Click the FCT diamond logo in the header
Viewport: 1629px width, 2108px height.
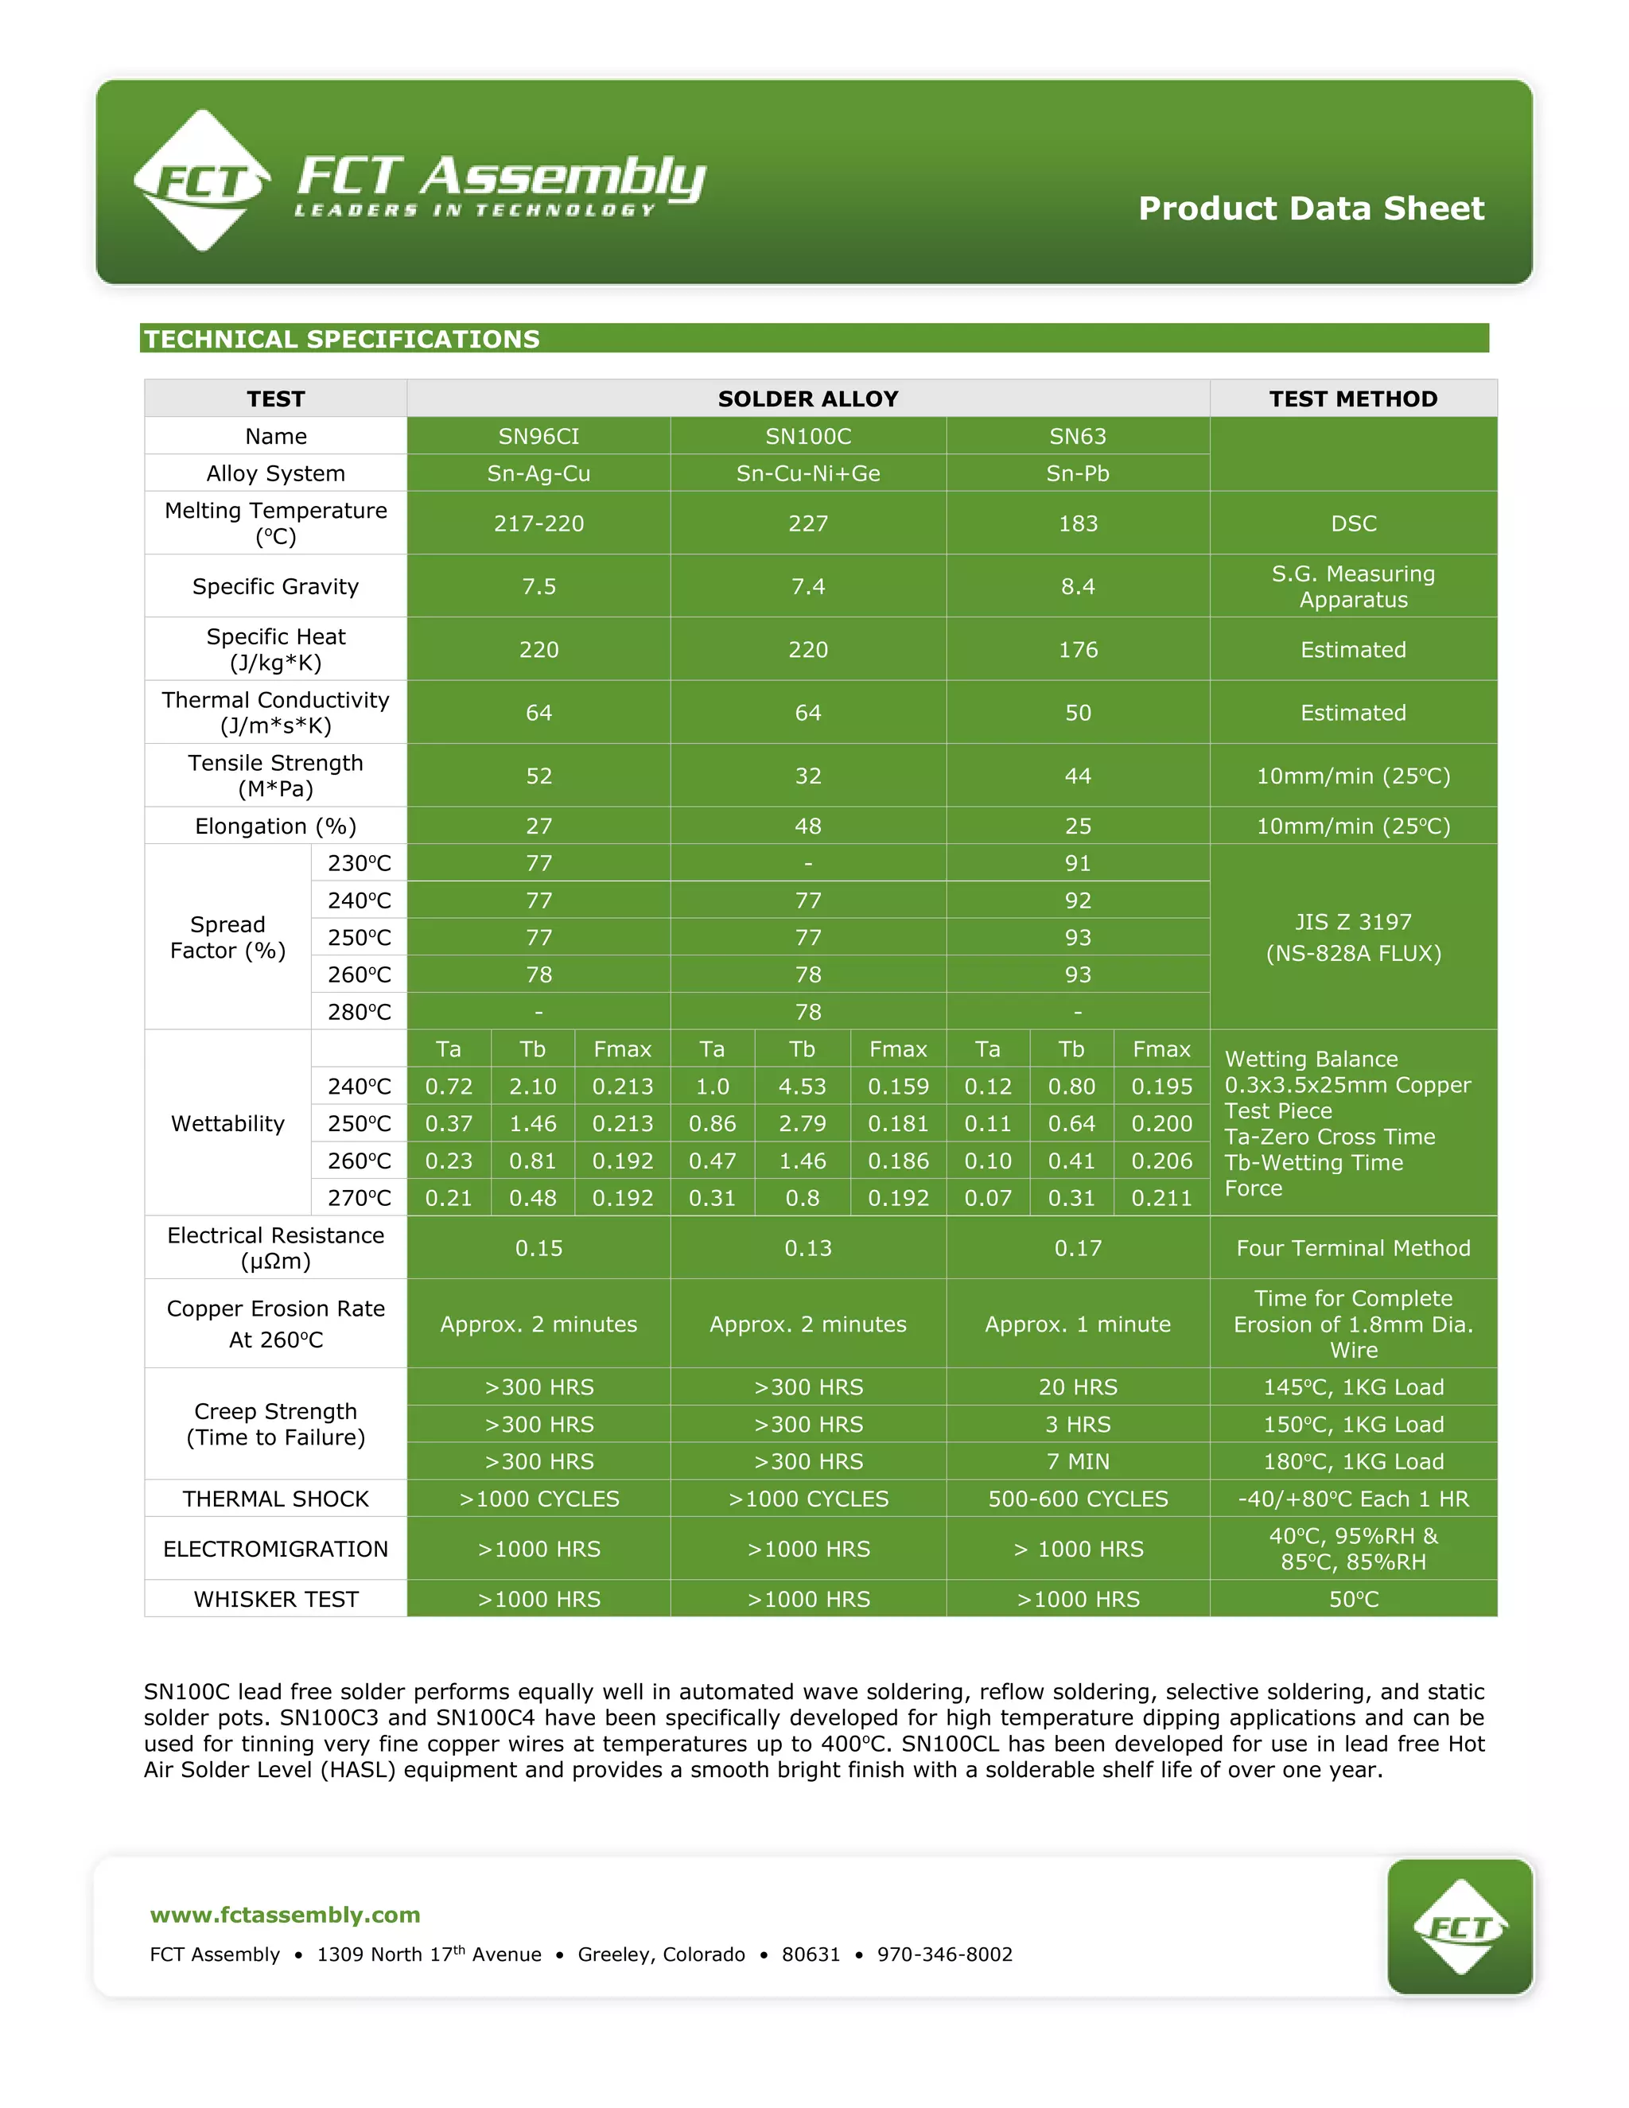tap(202, 181)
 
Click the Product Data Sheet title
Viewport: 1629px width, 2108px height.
tap(1311, 208)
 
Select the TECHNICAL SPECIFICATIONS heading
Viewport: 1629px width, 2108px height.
tap(341, 339)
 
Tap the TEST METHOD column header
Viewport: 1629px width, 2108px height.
tap(1353, 399)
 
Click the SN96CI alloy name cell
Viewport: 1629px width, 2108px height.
tap(538, 436)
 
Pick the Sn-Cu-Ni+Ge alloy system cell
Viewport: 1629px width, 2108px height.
tap(808, 474)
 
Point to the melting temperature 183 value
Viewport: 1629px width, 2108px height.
tap(1078, 523)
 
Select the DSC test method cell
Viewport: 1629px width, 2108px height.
tap(1353, 523)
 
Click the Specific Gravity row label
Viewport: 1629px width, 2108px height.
tap(275, 586)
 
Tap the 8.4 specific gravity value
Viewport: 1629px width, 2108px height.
tap(1078, 586)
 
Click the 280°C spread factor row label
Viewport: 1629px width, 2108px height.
tap(359, 1012)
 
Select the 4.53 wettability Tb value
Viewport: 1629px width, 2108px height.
tap(802, 1087)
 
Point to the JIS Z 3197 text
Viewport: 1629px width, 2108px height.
tap(1353, 922)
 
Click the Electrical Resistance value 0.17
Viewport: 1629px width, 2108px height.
tap(1078, 1248)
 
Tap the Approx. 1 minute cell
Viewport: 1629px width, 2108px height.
tap(1078, 1324)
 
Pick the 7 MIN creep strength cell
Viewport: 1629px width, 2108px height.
tap(1078, 1461)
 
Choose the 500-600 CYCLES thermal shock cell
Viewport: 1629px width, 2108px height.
tap(1078, 1499)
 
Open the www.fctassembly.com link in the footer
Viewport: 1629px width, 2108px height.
tap(286, 1915)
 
